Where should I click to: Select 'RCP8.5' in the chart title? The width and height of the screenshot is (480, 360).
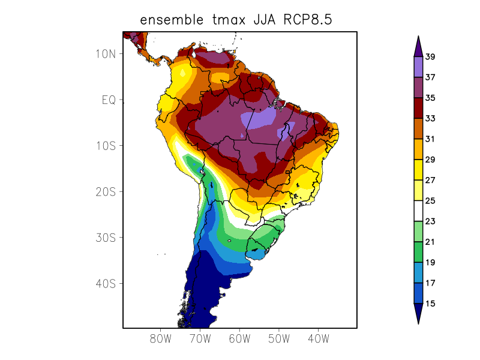tap(308, 20)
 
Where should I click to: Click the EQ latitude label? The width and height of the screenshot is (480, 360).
tap(109, 100)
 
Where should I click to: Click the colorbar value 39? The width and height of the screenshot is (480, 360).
tap(430, 57)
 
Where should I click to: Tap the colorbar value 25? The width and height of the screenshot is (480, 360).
tap(430, 201)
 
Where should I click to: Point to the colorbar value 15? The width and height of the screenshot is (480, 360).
tap(430, 304)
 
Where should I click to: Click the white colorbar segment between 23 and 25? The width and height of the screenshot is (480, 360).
tap(418, 211)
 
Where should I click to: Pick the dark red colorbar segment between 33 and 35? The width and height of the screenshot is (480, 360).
tap(418, 109)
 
